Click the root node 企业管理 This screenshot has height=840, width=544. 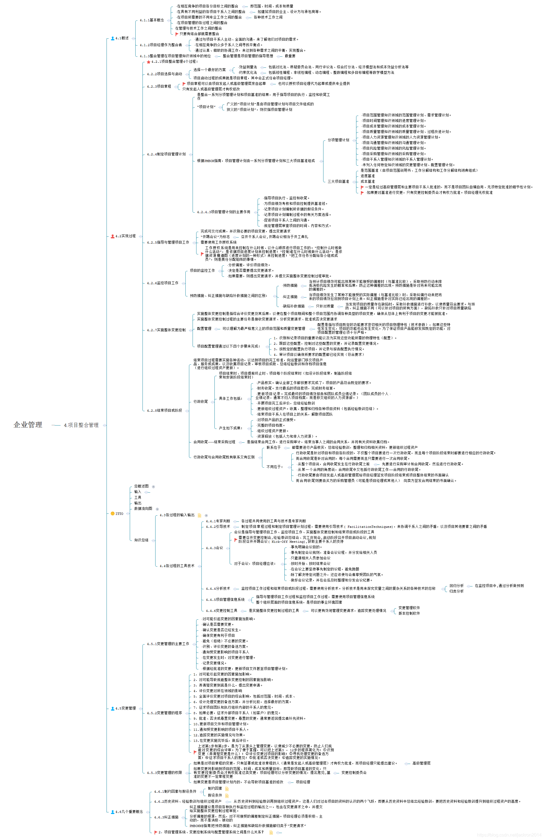pyautogui.click(x=28, y=425)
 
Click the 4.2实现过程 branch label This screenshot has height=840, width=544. pyautogui.click(x=125, y=236)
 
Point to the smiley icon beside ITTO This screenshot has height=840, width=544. pyautogui.click(x=112, y=513)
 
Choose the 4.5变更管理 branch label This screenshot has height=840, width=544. pyautogui.click(x=125, y=708)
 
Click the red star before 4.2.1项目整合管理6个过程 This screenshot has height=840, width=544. pyautogui.click(x=148, y=62)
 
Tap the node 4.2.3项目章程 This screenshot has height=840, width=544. pyautogui.click(x=159, y=87)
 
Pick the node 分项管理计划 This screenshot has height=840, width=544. pyautogui.click(x=338, y=140)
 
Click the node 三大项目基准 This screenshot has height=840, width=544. pyautogui.click(x=338, y=181)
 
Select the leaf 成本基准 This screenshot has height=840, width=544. pyautogui.click(x=367, y=181)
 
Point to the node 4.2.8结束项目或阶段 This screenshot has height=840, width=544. pyautogui.click(x=164, y=411)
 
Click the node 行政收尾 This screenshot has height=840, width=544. pyautogui.click(x=200, y=402)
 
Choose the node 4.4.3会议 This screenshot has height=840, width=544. pyautogui.click(x=214, y=548)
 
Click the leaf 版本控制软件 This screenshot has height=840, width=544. pyautogui.click(x=409, y=614)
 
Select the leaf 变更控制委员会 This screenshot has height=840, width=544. pyautogui.click(x=354, y=773)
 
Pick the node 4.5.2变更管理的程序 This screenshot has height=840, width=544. pyautogui.click(x=164, y=713)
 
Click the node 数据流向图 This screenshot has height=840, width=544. pyautogui.click(x=143, y=508)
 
